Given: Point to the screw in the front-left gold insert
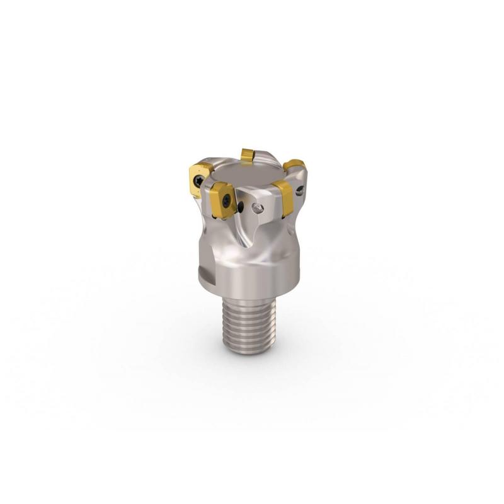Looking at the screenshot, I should coord(226,200).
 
